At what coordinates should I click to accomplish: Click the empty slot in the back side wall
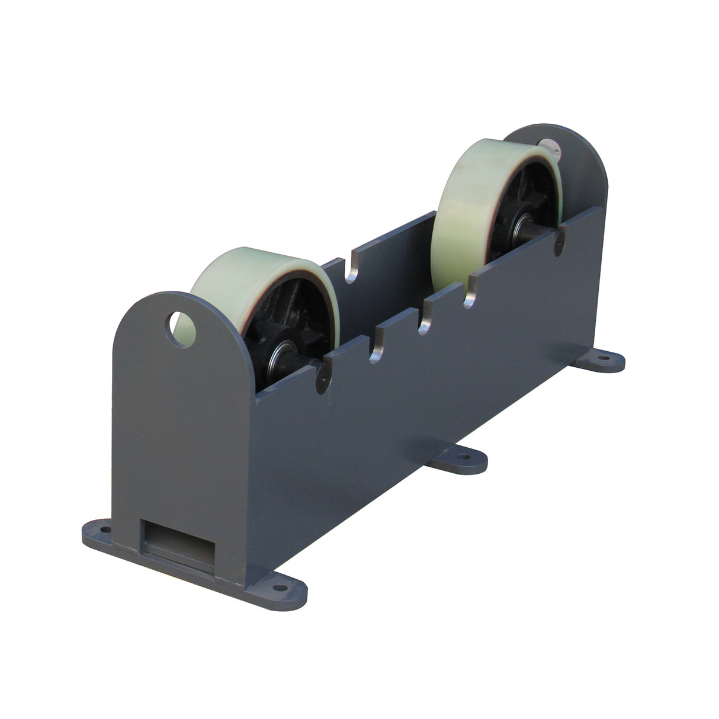351,269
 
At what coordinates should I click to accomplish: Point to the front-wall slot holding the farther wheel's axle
558,243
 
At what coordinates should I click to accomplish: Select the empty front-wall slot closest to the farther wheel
469,296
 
